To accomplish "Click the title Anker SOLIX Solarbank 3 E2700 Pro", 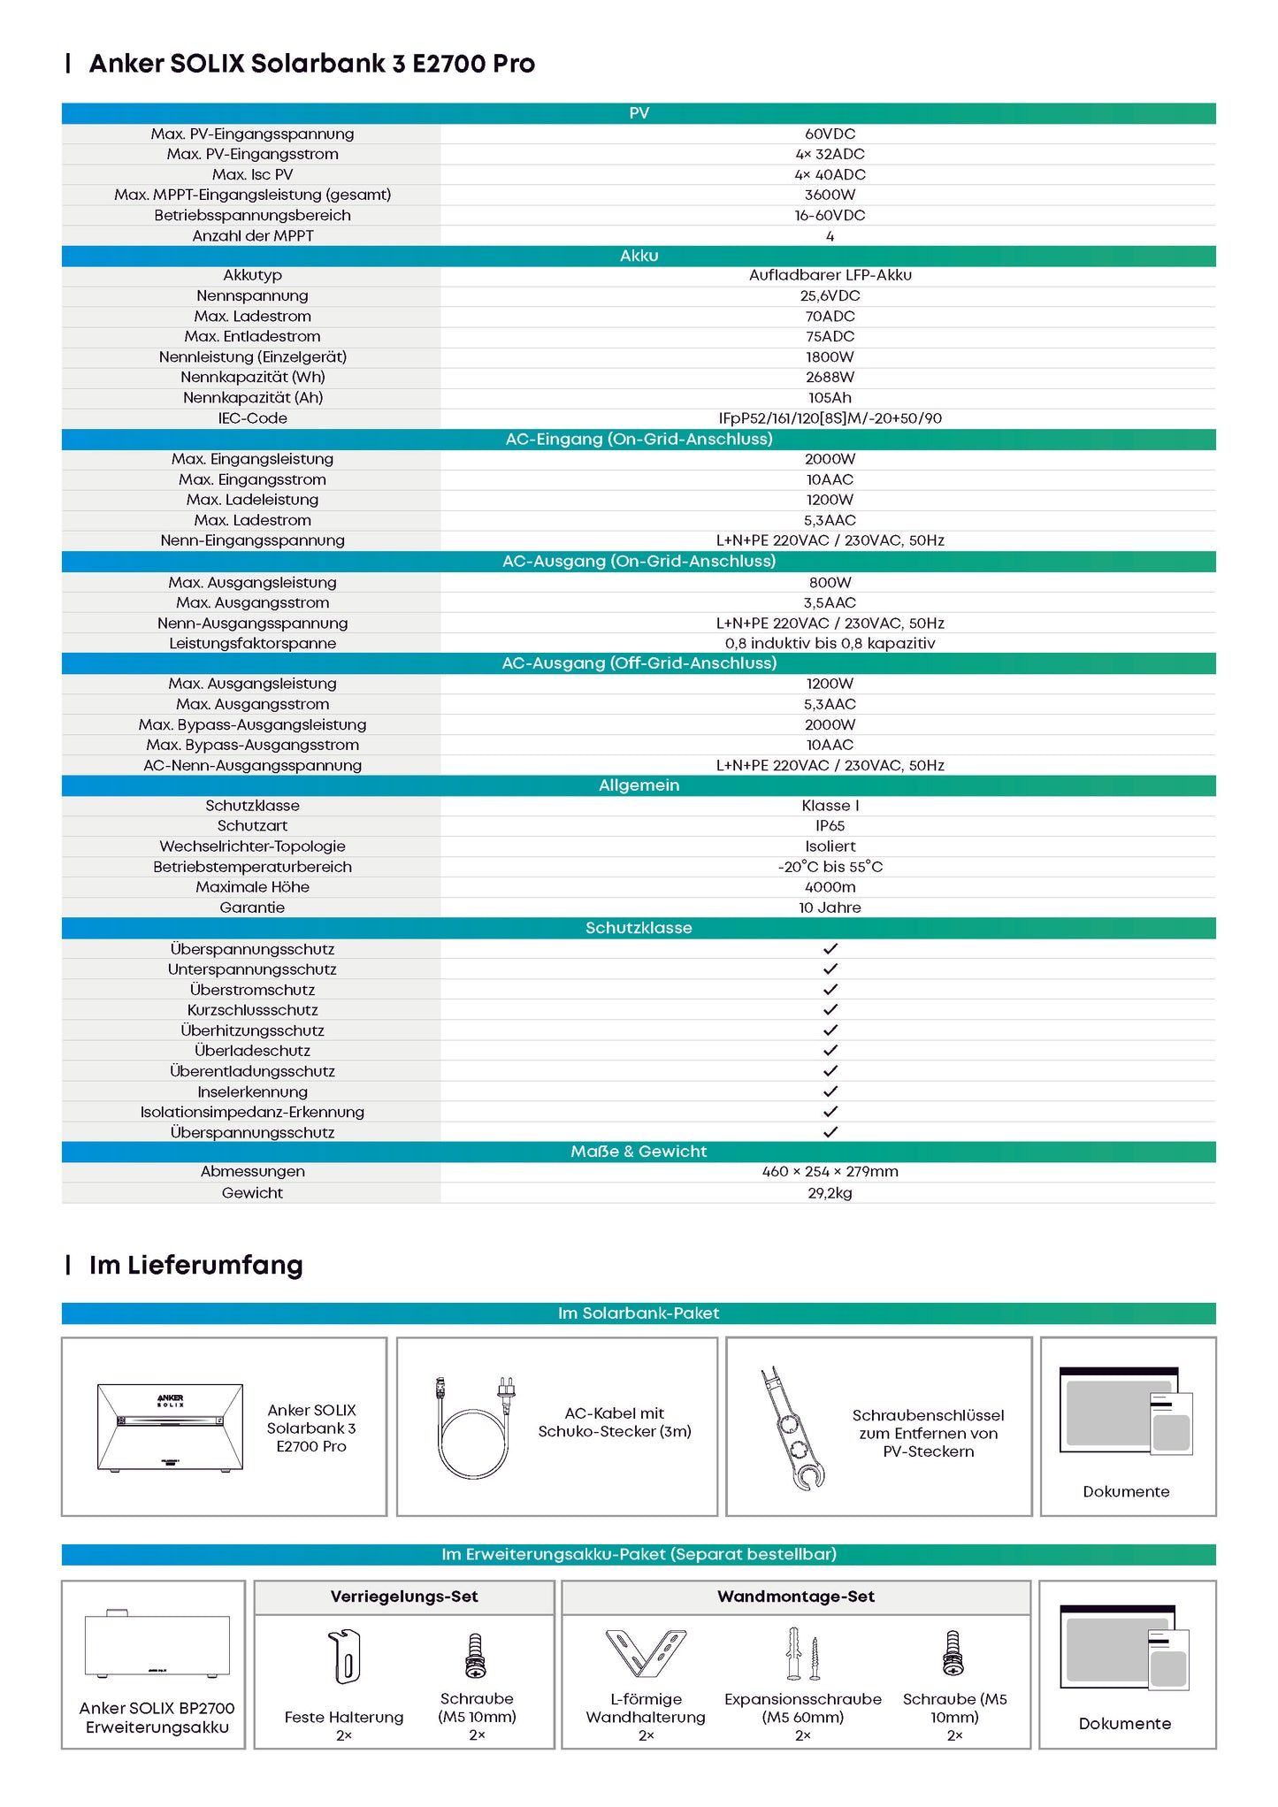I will (311, 64).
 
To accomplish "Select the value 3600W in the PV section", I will (830, 195).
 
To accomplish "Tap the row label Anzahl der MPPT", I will (253, 236).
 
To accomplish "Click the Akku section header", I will (639, 256).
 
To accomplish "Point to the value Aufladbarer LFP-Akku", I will (830, 275).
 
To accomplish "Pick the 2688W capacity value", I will (830, 377).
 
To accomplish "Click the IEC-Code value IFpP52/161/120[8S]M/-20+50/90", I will (830, 418).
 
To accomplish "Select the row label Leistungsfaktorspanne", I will (253, 643).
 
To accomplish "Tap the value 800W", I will (830, 582).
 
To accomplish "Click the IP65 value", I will (830, 825).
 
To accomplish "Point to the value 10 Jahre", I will (830, 907).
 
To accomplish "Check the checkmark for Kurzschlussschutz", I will (830, 1009).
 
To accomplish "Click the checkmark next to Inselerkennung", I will (830, 1091).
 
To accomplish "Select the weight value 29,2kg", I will (830, 1192).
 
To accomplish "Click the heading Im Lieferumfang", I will (195, 1265).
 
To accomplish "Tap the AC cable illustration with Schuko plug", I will (475, 1426).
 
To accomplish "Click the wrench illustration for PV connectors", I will (792, 1428).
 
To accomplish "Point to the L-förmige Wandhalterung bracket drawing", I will (646, 1653).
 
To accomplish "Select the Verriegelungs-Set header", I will (404, 1596).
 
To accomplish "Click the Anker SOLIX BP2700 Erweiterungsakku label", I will (157, 1717).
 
